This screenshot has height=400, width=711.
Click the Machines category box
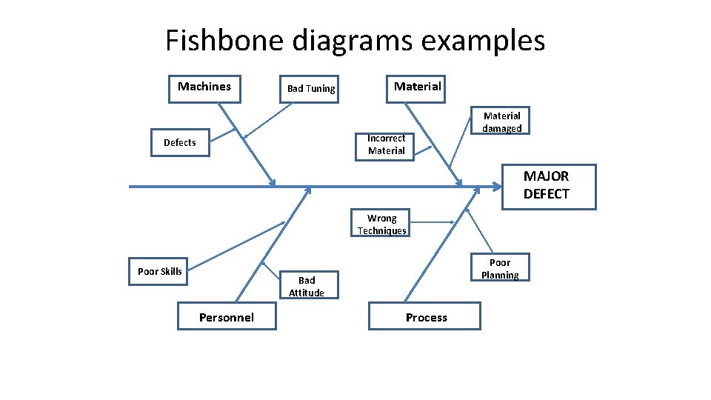204,87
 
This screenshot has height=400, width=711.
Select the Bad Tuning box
310,89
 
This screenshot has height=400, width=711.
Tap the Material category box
417,87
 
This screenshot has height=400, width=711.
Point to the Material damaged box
501,121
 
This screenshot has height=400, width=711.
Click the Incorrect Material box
386,144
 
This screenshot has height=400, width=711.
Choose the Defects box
180,142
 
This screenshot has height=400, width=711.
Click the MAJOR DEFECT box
548,185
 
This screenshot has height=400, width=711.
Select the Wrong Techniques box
381,224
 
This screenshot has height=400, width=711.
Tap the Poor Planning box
500,269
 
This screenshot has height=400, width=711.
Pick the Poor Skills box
159,271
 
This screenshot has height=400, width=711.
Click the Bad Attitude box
307,286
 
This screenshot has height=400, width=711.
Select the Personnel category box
226,317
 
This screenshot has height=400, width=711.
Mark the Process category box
426,317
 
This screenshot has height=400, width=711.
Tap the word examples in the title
483,40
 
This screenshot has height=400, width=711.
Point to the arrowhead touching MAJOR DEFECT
497,187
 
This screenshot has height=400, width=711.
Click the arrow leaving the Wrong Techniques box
433,221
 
